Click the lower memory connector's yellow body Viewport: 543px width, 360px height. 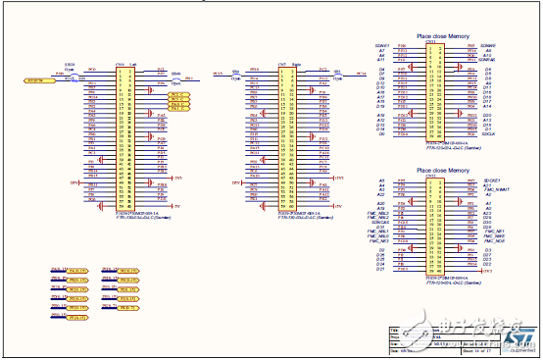(431, 227)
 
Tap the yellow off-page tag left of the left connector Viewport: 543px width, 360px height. (34, 80)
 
